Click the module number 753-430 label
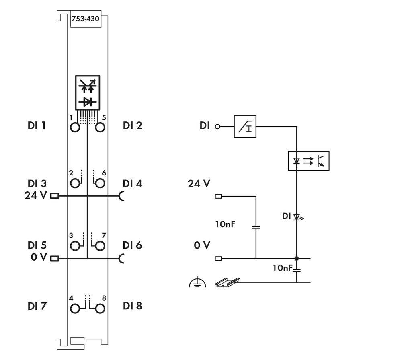tap(85, 19)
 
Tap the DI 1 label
tap(37, 126)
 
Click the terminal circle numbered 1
tap(75, 128)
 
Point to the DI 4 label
tap(132, 184)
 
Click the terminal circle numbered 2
tap(75, 184)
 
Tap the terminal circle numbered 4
tap(75, 309)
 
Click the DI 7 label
tap(37, 306)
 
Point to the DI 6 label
tap(132, 245)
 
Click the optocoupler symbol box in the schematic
tap(308, 161)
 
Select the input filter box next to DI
tap(245, 127)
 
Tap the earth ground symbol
tap(197, 283)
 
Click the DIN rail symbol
tap(228, 282)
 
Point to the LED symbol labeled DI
tap(297, 217)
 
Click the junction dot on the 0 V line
tap(297, 258)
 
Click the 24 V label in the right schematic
tap(199, 184)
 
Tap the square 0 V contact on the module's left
tap(54, 258)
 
